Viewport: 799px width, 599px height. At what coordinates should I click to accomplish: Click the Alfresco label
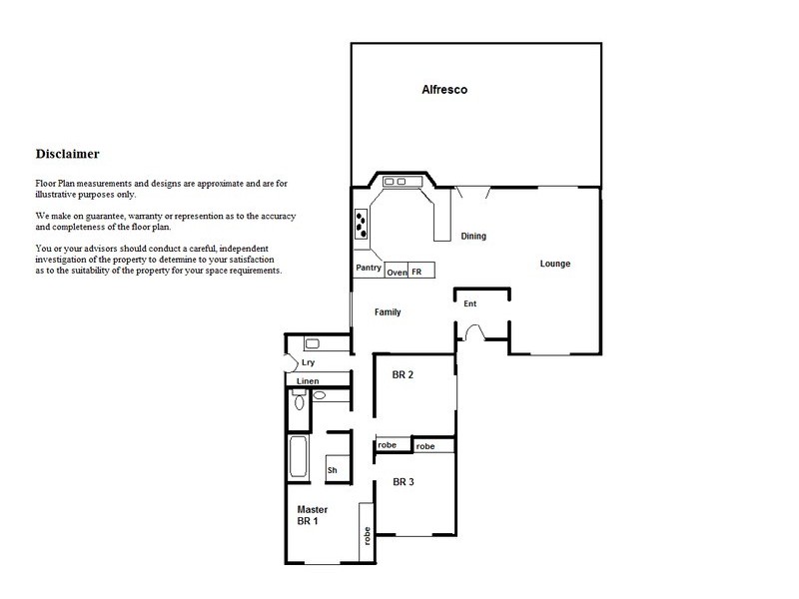(444, 90)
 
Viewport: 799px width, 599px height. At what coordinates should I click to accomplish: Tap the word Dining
(473, 237)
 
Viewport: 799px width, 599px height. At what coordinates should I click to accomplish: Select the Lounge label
(555, 264)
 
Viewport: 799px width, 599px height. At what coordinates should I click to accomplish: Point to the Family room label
(388, 312)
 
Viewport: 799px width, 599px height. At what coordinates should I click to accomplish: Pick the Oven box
(397, 272)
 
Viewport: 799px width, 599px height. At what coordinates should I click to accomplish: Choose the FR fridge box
(417, 272)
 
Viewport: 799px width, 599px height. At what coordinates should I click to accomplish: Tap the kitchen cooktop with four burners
(360, 222)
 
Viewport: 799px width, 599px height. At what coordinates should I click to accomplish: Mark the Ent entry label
(469, 303)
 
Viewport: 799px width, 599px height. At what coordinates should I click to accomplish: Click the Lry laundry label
(296, 364)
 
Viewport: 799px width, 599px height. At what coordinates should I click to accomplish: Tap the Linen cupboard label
(308, 381)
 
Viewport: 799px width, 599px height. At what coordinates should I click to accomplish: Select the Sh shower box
(332, 470)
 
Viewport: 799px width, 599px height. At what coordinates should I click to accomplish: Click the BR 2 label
(402, 374)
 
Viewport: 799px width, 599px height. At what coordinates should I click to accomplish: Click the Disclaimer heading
(67, 154)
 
